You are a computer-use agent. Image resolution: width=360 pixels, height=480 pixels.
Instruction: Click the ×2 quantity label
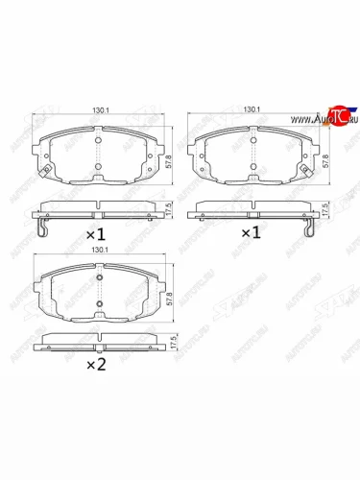(x=98, y=366)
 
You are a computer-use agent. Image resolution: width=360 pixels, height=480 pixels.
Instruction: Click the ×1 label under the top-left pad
(x=97, y=233)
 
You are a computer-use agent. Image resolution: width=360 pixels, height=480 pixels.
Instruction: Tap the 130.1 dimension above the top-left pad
(x=100, y=110)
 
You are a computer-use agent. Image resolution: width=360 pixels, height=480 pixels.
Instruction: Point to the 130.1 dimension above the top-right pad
(x=252, y=110)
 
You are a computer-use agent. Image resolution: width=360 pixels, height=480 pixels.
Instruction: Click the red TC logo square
(x=336, y=116)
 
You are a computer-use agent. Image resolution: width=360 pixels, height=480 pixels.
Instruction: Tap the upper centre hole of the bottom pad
(x=100, y=278)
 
